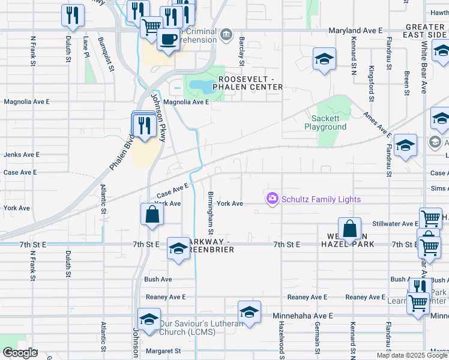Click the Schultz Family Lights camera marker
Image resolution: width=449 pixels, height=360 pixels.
point(273,198)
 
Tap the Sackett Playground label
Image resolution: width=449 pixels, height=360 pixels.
point(325,123)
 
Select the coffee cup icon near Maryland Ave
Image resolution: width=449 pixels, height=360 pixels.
point(167,40)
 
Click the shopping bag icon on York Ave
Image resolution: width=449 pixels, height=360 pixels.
point(152,214)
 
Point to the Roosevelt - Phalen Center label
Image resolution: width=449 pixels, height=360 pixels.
point(250,83)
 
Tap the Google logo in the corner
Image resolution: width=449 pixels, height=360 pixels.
point(20,353)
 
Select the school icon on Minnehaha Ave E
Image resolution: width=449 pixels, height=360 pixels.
point(249,312)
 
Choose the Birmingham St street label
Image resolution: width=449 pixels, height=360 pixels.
point(211,214)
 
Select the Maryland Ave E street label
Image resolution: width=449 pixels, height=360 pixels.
point(355,30)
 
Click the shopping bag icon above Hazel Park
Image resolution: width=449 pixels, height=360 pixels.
point(349,228)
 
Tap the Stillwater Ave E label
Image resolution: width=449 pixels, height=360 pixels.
point(395,224)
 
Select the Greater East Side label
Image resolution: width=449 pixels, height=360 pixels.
point(424,31)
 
